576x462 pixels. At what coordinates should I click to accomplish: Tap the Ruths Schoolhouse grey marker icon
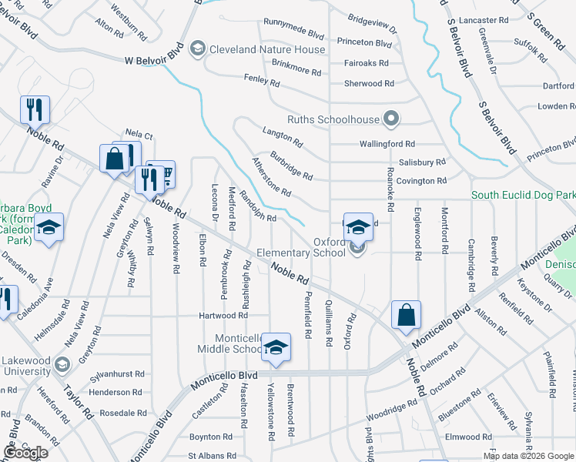(x=391, y=119)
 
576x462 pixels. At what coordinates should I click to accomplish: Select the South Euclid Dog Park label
(x=523, y=196)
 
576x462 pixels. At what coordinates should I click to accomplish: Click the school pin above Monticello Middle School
(x=276, y=347)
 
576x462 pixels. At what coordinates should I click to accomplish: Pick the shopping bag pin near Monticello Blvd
(x=406, y=314)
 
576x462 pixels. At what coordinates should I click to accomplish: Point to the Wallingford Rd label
(x=387, y=144)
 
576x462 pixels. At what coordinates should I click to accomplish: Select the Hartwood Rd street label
(x=223, y=316)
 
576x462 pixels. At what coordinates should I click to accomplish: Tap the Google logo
(x=25, y=453)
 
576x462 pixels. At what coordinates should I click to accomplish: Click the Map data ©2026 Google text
(x=527, y=456)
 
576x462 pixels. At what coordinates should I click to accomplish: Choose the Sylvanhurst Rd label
(x=116, y=374)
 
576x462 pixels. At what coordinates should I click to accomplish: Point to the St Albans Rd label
(x=209, y=456)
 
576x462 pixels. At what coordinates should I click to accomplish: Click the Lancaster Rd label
(x=484, y=20)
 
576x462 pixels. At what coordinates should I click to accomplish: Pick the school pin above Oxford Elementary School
(x=358, y=227)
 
